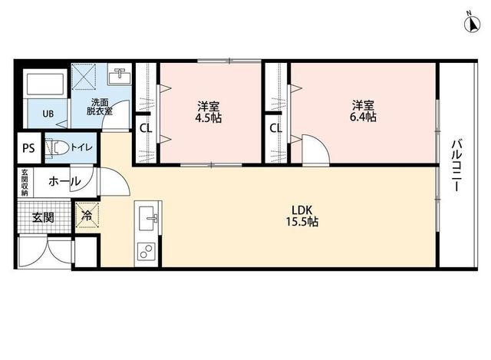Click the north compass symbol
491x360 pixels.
point(473,25)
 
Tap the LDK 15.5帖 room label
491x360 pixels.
point(302,216)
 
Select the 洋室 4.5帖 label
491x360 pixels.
point(208,112)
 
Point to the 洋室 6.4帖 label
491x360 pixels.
point(363,111)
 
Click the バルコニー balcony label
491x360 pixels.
point(456,165)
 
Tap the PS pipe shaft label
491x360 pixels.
point(28,147)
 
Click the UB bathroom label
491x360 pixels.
point(48,114)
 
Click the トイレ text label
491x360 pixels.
point(81,147)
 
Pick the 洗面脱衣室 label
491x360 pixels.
point(100,107)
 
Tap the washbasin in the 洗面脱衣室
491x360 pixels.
point(120,74)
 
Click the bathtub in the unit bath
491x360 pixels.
point(45,84)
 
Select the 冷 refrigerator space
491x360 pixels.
point(87,215)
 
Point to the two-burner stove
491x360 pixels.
point(147,251)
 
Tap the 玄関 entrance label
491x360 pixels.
point(43,217)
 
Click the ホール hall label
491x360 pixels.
point(64,181)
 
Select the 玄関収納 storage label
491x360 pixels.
point(24,183)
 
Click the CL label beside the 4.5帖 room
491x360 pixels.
point(146,128)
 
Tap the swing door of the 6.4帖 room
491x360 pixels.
point(315,149)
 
